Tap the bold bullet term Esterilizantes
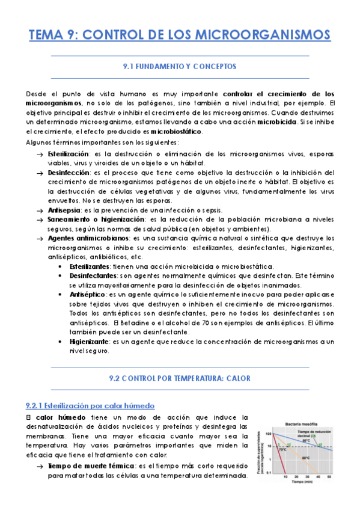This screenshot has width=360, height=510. [x=90, y=266]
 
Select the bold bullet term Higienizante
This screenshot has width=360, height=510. [x=90, y=341]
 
